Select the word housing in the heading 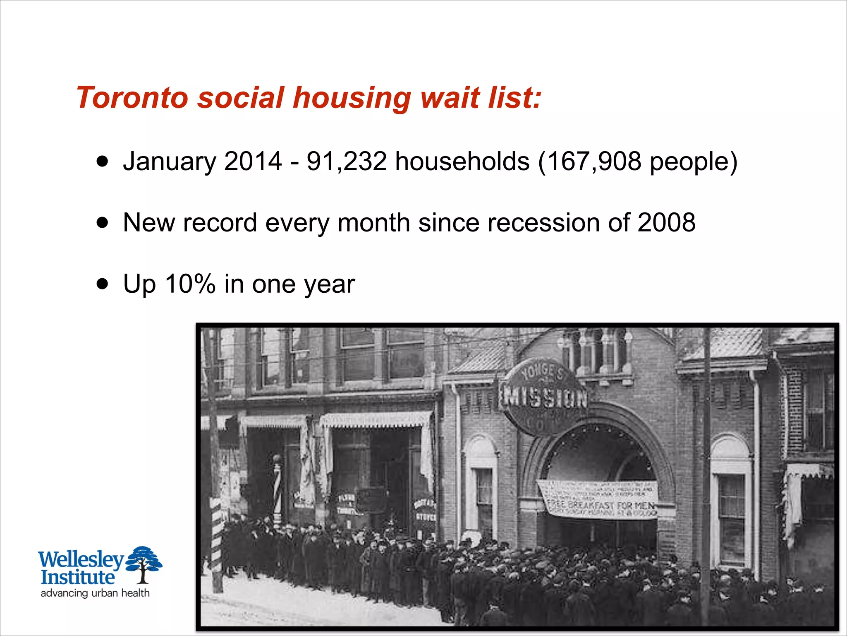click(x=352, y=99)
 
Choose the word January click(x=169, y=161)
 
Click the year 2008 click(x=666, y=222)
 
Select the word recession click(x=543, y=222)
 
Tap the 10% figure click(x=190, y=284)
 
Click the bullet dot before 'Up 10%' click(x=102, y=284)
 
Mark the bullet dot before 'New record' click(x=102, y=223)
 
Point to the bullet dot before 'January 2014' click(x=102, y=161)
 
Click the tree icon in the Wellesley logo click(x=144, y=564)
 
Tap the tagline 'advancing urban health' click(x=95, y=593)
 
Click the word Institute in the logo click(x=77, y=577)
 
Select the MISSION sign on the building click(x=543, y=397)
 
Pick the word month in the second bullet click(x=373, y=222)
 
